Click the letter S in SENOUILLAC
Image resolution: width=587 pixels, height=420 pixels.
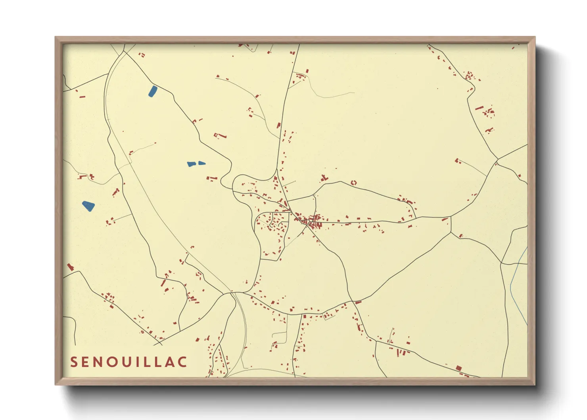click(74, 362)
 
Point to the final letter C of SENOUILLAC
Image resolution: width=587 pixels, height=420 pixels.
click(183, 362)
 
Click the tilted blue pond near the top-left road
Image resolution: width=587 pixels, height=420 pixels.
click(152, 91)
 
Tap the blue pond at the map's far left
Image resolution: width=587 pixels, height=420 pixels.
click(88, 206)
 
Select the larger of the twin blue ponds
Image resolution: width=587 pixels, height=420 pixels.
click(191, 164)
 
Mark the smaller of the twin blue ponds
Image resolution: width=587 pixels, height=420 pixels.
click(202, 163)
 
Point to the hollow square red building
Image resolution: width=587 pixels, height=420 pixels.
click(354, 183)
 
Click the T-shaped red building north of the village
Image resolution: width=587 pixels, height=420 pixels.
click(324, 178)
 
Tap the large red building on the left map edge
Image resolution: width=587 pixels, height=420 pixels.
click(70, 267)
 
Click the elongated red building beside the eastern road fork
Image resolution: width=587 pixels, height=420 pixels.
click(445, 219)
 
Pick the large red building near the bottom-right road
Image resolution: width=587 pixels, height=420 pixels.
click(458, 368)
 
